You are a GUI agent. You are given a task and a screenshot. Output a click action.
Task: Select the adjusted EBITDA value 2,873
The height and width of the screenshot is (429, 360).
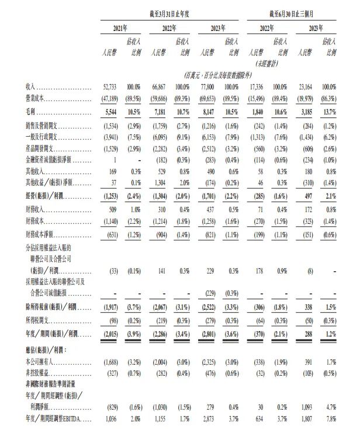coord(216,418)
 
